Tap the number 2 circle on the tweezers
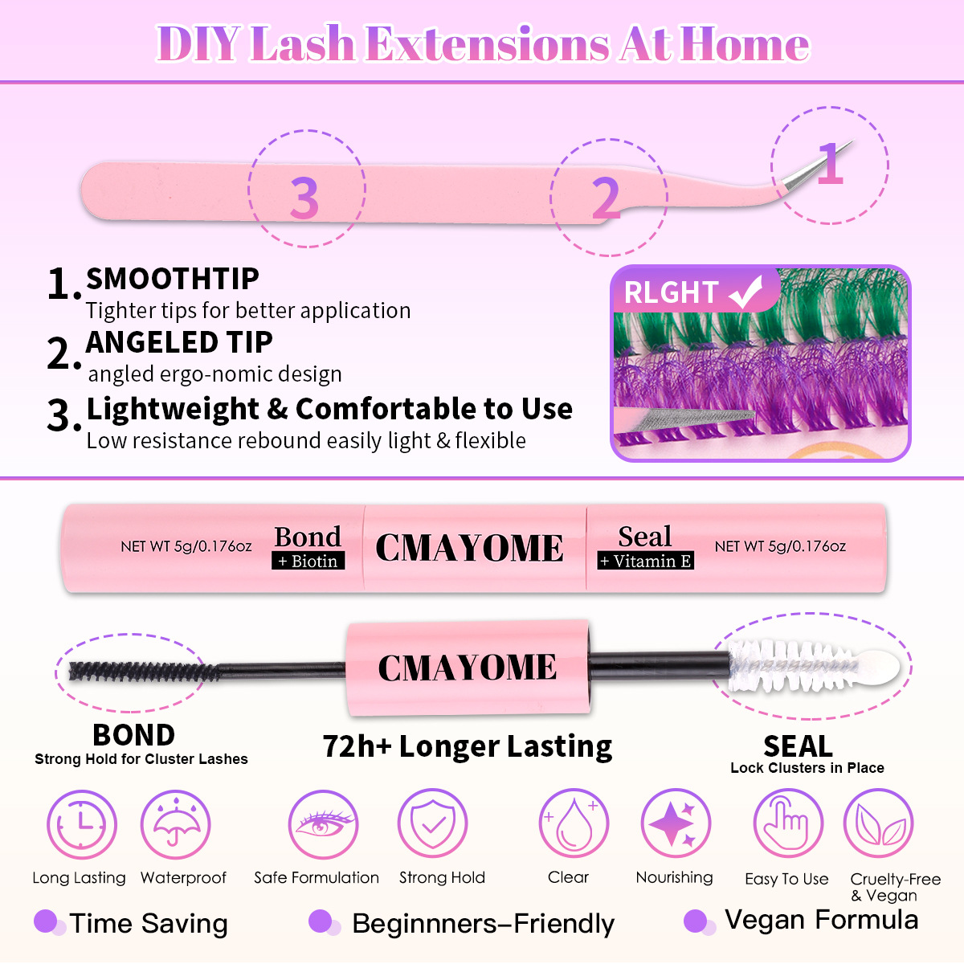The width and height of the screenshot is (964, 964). (x=606, y=198)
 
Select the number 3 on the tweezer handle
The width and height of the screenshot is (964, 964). (x=304, y=197)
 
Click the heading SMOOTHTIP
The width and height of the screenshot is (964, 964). (x=173, y=280)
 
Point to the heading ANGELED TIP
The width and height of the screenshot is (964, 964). (x=179, y=342)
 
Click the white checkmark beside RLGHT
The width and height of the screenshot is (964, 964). (x=746, y=292)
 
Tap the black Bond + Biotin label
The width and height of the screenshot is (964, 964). (x=308, y=547)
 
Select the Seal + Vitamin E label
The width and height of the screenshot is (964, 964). (x=645, y=547)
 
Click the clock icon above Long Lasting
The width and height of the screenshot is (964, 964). (x=81, y=825)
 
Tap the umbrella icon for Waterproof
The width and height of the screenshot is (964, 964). (x=175, y=825)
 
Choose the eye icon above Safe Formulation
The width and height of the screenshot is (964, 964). (x=323, y=825)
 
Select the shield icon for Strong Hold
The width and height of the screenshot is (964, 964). (x=433, y=825)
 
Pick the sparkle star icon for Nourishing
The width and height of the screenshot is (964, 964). (x=676, y=825)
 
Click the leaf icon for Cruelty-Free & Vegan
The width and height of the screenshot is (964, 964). (x=878, y=825)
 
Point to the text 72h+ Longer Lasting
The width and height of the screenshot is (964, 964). (x=468, y=746)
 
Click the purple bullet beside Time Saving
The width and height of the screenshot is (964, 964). (x=47, y=921)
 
